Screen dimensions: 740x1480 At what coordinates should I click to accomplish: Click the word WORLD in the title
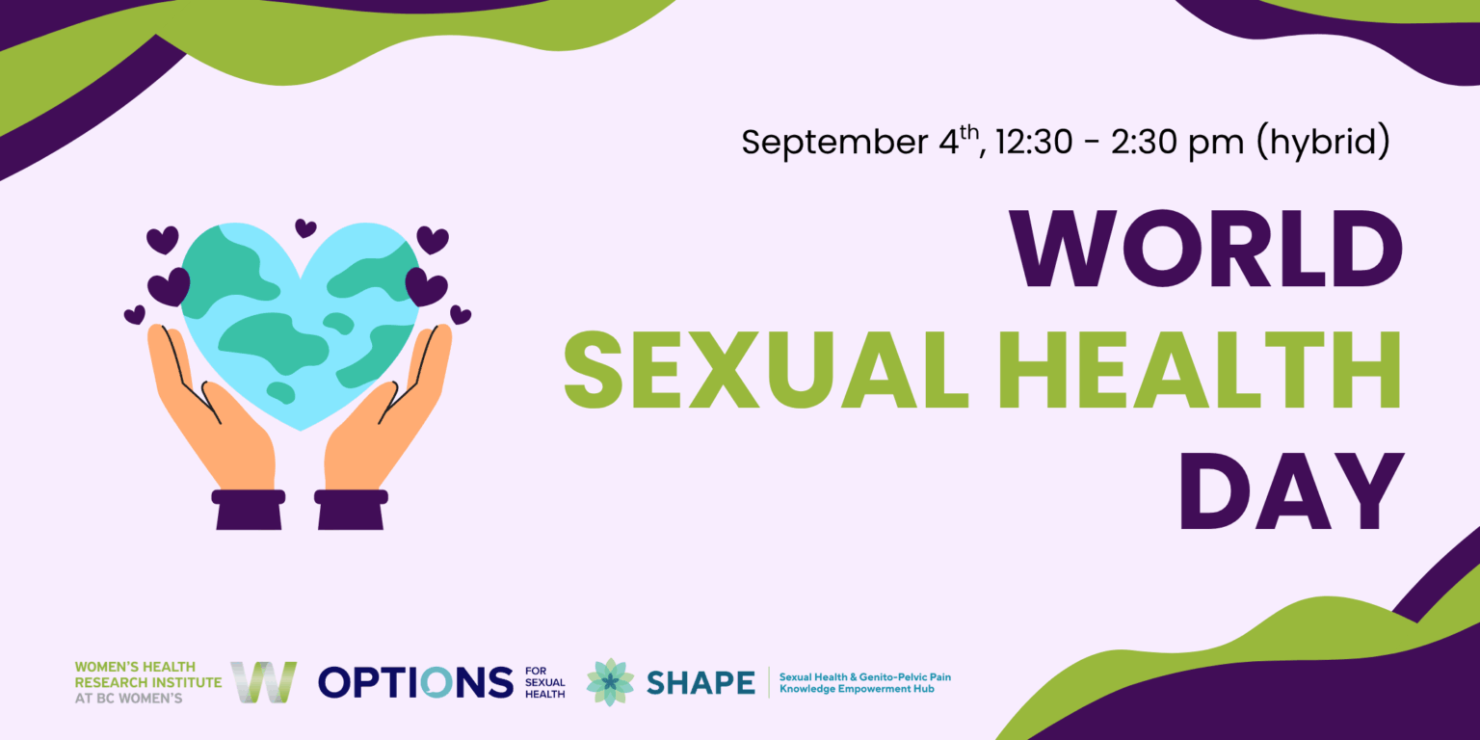pos(1204,249)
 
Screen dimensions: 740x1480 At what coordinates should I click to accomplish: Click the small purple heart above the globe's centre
pos(305,228)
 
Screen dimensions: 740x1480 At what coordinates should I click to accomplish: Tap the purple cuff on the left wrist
pos(249,509)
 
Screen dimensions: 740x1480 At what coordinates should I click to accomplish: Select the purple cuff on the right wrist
pos(352,509)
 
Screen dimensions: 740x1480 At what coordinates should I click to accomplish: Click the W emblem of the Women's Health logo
pos(263,682)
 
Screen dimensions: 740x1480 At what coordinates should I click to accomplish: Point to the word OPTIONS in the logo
pos(415,682)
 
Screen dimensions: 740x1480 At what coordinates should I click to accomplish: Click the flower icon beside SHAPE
pos(610,682)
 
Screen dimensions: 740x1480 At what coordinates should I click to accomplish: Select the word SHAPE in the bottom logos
pos(700,682)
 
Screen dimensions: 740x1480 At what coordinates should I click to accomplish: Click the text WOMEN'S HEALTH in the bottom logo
pos(135,667)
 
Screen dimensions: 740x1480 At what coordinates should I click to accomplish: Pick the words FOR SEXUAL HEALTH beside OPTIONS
pos(545,682)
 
